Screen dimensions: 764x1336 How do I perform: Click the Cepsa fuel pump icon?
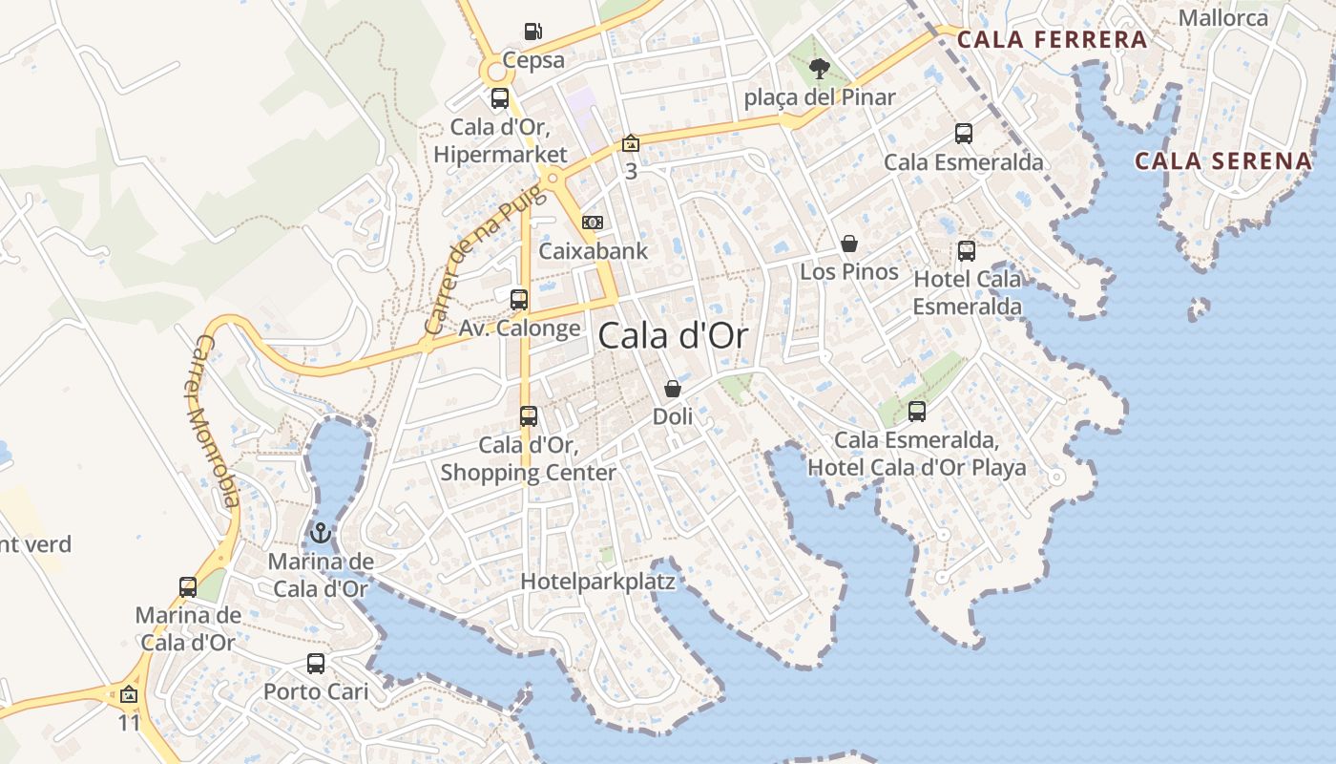pos(533,32)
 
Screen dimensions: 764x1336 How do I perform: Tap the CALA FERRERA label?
pos(1052,40)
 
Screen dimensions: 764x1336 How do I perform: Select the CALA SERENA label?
pos(1223,160)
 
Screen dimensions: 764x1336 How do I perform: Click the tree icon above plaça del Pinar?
pos(819,68)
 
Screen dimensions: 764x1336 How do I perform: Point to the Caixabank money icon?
pos(593,223)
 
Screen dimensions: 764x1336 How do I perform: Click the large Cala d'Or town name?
pos(673,335)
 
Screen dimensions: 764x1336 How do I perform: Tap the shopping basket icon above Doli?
pos(673,389)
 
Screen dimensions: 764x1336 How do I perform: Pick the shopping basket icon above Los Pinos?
pos(849,244)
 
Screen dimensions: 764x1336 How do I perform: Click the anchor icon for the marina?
pos(321,533)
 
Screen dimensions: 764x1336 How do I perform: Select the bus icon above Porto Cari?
pos(316,663)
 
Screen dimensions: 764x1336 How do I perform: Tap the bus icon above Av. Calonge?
pos(519,300)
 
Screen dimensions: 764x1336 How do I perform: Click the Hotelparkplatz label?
pos(597,582)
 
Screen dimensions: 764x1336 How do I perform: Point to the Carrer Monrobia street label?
pos(214,421)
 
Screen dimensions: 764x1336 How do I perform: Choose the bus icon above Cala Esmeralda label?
pos(964,134)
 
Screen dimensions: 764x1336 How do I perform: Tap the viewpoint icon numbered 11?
pos(129,694)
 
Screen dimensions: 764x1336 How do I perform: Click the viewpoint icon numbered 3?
pos(630,144)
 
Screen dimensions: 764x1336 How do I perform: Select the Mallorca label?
pos(1223,18)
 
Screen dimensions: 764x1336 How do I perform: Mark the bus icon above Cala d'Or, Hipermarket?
pos(500,98)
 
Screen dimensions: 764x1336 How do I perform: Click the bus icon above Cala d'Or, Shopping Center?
pos(529,416)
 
